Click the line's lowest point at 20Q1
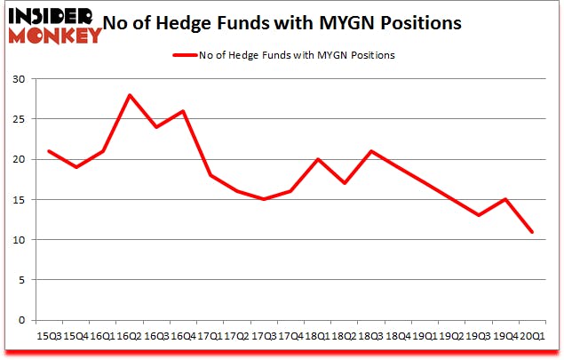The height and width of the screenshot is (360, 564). pyautogui.click(x=532, y=232)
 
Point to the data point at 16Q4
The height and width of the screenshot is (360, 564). pyautogui.click(x=184, y=111)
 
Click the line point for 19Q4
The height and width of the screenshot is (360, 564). pyautogui.click(x=505, y=199)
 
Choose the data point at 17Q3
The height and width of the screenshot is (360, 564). pyautogui.click(x=263, y=199)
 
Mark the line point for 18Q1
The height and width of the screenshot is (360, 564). pyautogui.click(x=316, y=159)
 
